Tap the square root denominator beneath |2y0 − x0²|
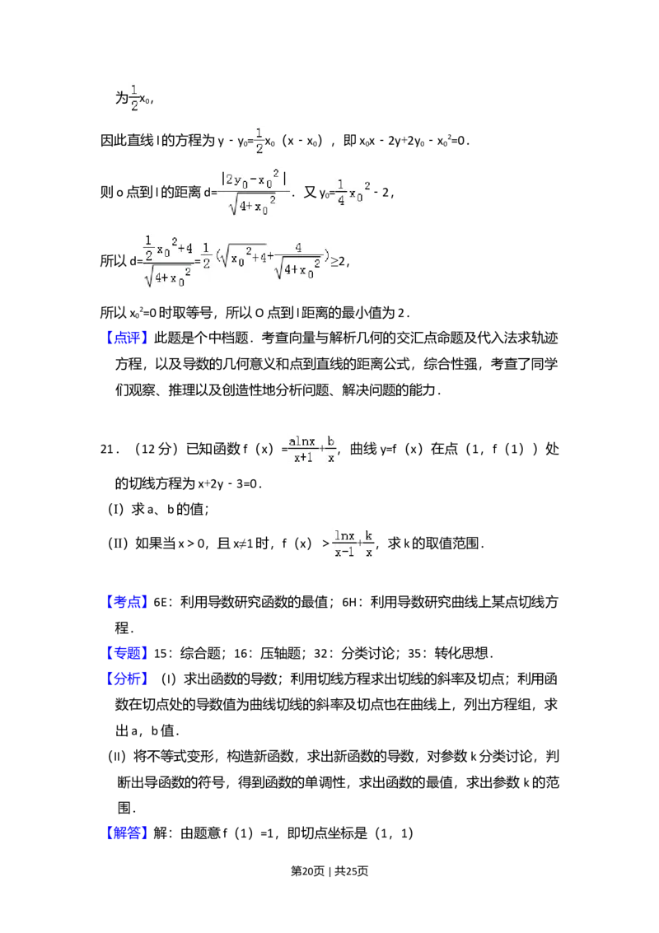253,206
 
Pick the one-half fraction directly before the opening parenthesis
205,260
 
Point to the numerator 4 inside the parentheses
297,248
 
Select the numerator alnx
301,441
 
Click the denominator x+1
301,458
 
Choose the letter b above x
331,441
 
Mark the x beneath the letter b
331,458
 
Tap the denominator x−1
344,553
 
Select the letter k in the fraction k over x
369,536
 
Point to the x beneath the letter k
369,553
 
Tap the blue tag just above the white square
128,603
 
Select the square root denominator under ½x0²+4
168,278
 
